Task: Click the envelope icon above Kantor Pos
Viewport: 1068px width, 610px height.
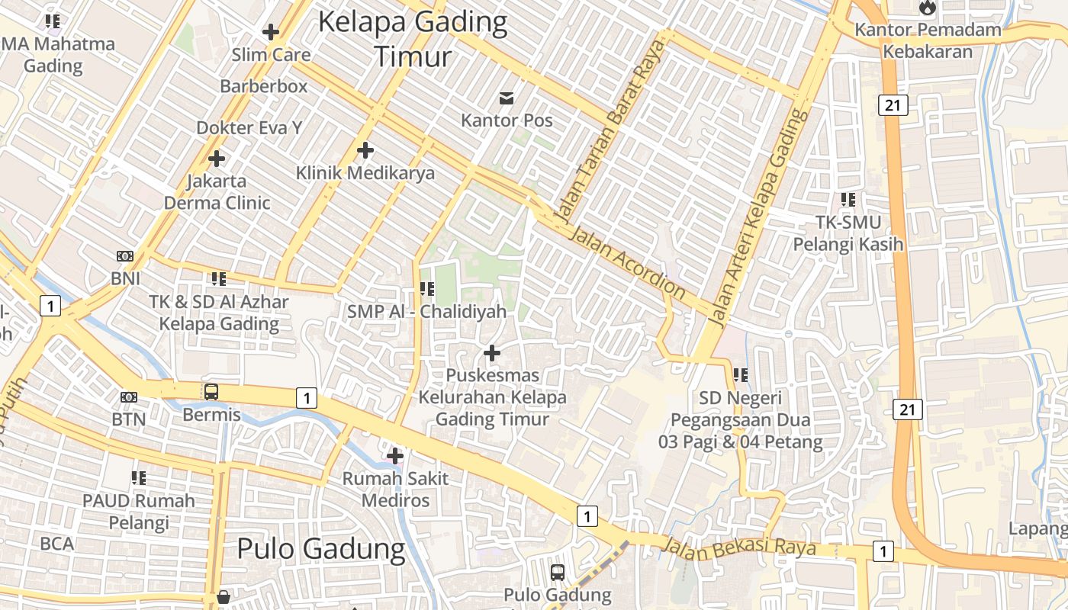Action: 507,98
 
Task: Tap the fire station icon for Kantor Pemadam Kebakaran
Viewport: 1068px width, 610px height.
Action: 927,8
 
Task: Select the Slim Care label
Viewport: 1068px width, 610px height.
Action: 271,55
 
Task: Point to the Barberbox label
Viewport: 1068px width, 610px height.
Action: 264,86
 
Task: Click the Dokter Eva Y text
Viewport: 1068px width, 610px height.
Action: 249,127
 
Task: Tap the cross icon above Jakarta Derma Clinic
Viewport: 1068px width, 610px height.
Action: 217,159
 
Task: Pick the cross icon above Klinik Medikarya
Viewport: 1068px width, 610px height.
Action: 365,150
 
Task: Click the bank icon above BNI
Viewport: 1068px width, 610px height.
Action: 125,256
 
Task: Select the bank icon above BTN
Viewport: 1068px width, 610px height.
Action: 129,397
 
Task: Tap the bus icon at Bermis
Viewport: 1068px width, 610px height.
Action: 211,392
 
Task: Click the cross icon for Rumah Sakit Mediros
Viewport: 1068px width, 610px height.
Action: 395,456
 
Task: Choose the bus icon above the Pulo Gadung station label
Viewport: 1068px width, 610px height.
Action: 558,572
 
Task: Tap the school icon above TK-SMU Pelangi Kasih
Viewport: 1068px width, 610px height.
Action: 848,200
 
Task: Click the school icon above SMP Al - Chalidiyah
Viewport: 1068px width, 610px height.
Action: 427,289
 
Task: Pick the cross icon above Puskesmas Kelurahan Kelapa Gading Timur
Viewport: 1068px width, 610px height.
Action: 492,353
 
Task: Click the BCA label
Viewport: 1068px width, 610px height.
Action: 57,544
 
